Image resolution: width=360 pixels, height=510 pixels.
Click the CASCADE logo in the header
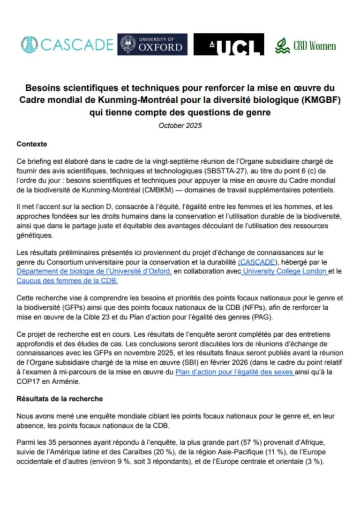[67, 45]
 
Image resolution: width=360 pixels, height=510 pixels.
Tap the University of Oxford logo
[152, 45]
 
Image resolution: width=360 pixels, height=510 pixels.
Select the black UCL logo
[229, 45]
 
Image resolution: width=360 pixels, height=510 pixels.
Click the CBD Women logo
[305, 46]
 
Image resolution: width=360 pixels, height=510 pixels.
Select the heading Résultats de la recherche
[60, 399]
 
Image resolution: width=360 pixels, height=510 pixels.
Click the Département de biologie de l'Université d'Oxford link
[94, 272]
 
